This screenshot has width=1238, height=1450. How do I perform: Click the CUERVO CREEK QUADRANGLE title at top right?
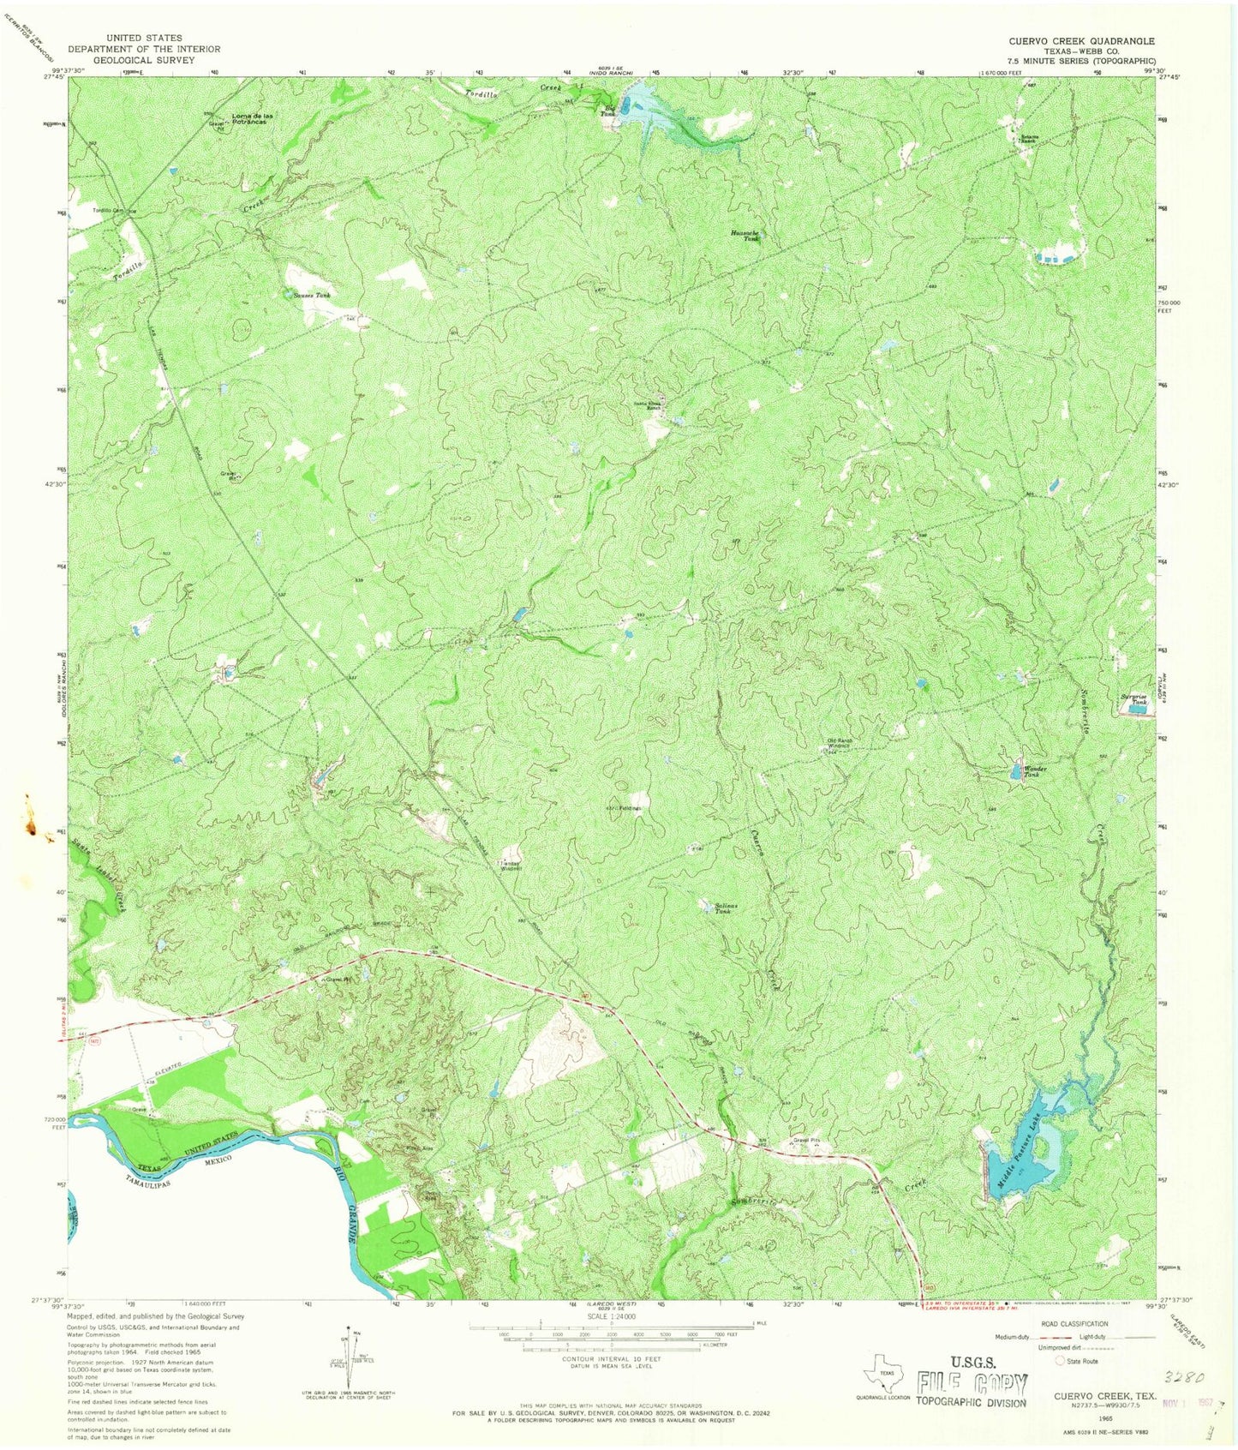tap(1080, 41)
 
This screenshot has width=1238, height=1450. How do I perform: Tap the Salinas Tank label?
tap(727, 908)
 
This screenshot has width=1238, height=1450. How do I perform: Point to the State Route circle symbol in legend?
tap(1061, 1361)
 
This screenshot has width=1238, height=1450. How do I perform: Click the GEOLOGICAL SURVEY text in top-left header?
tap(144, 60)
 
